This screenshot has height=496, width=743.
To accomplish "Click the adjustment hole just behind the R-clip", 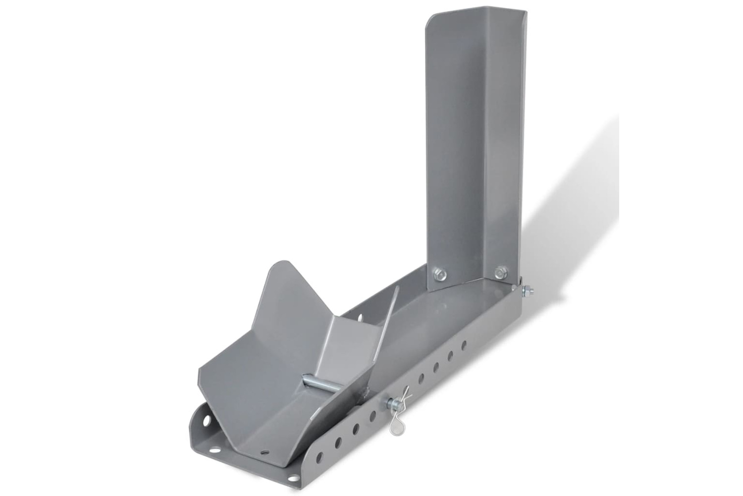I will click(x=421, y=379).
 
